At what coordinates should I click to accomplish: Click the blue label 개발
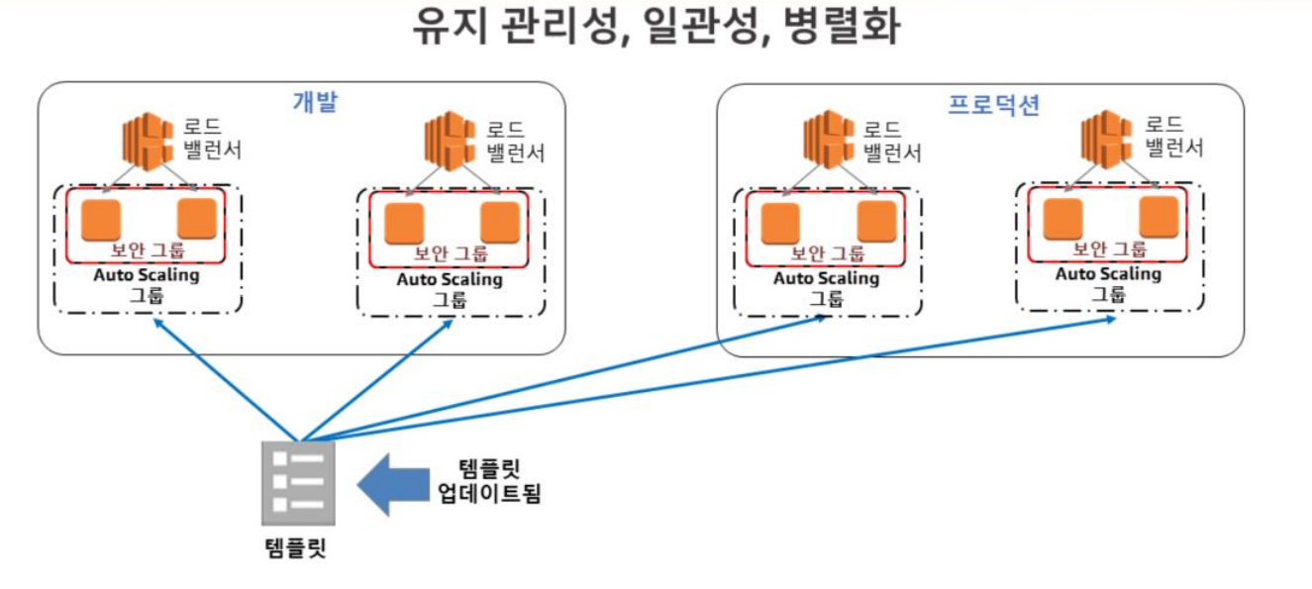316,101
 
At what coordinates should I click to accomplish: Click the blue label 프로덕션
994,105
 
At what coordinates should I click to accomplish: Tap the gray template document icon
298,483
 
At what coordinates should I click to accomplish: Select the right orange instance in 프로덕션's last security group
1160,217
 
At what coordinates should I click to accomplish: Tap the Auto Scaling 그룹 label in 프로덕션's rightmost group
1108,283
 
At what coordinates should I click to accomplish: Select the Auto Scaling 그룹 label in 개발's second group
450,288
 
